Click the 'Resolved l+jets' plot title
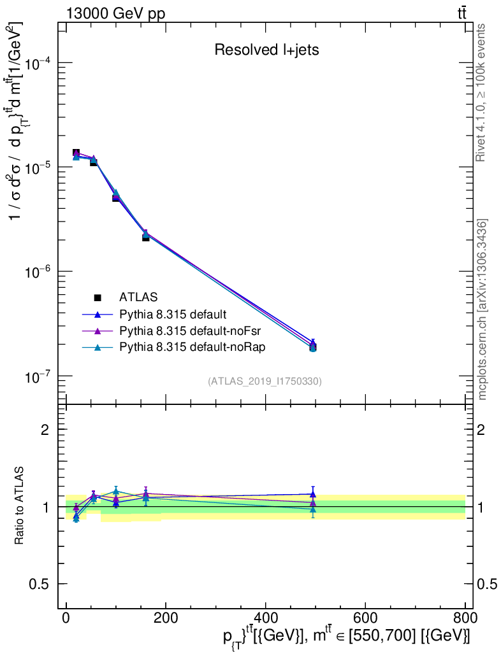(x=266, y=50)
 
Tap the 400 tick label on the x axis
(x=265, y=617)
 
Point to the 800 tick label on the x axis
(x=464, y=617)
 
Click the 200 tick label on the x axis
(x=166, y=617)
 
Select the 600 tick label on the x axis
(x=365, y=617)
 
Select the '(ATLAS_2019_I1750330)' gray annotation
(x=265, y=381)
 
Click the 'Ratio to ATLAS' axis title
(x=20, y=506)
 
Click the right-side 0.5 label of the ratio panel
(x=488, y=585)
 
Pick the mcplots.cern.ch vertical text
(x=483, y=309)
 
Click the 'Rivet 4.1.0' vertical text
(x=483, y=92)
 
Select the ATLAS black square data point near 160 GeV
(x=145, y=237)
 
